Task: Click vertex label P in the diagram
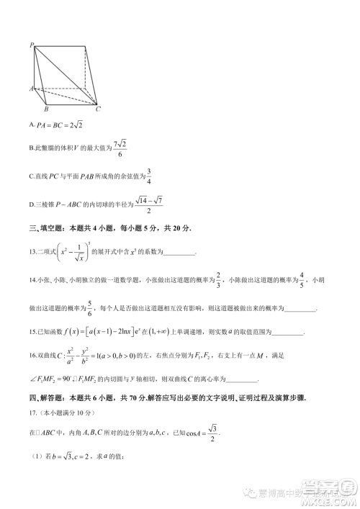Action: coord(32,45)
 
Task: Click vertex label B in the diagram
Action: coord(46,109)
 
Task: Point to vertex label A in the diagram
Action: coord(31,89)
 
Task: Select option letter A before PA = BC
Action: coord(32,125)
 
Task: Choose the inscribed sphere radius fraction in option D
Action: coord(148,205)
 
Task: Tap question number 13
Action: coord(32,252)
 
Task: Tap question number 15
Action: coord(32,333)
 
